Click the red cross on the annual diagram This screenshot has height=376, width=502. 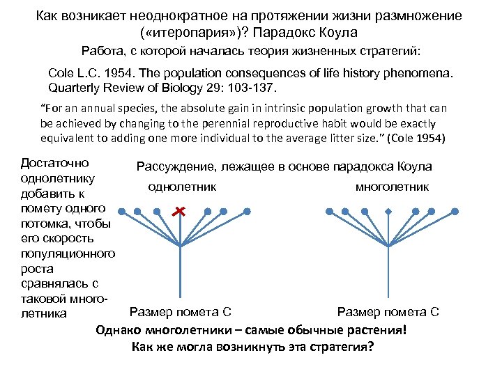click(180, 210)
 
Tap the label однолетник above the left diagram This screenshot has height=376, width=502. click(182, 187)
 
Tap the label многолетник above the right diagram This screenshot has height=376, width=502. click(393, 187)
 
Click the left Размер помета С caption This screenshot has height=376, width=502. click(181, 311)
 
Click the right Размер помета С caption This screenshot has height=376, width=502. click(388, 311)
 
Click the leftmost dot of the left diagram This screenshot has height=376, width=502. click(121, 210)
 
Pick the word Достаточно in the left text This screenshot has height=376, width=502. click(55, 163)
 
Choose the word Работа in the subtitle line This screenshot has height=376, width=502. click(102, 51)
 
